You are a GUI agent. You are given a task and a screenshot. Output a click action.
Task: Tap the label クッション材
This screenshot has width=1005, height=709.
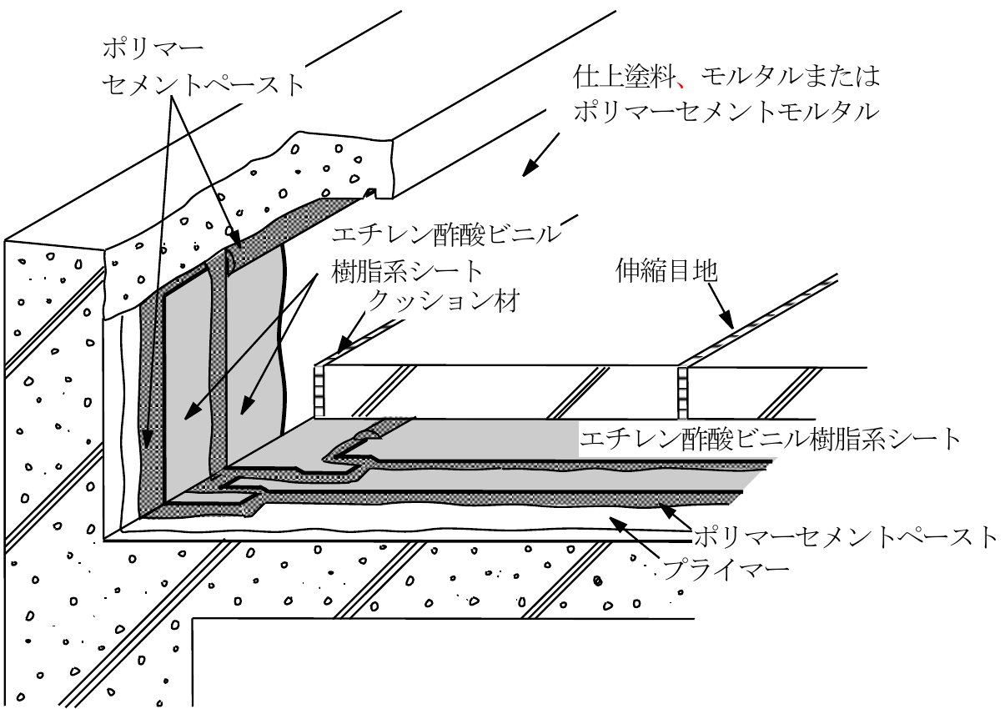(x=443, y=300)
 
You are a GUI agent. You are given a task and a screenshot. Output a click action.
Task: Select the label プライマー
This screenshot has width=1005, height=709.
(x=726, y=570)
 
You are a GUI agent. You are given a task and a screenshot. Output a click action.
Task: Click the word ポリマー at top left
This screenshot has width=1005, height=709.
(x=153, y=49)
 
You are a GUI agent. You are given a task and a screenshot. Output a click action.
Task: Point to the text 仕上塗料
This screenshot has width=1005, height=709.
(x=625, y=78)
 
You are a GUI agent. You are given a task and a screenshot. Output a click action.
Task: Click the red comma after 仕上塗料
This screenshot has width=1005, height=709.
(x=681, y=84)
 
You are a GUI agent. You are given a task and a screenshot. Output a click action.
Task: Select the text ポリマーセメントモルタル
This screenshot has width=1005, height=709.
(x=726, y=112)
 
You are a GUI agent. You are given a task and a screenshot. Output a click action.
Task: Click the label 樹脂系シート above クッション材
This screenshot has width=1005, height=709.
(x=406, y=271)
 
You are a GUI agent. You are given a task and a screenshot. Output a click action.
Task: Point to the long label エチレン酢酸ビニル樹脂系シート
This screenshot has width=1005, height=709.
(x=769, y=439)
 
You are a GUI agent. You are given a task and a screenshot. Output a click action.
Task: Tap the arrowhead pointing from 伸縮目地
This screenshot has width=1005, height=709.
(x=728, y=321)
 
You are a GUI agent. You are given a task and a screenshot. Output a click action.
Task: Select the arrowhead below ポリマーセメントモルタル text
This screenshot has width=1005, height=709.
(x=530, y=168)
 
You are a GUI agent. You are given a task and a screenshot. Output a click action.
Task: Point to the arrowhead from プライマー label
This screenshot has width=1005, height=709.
(x=616, y=524)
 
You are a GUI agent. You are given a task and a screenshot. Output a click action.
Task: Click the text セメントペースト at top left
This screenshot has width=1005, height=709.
(x=204, y=84)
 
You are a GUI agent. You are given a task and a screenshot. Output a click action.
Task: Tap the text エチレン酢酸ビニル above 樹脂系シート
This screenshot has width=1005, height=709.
(x=445, y=234)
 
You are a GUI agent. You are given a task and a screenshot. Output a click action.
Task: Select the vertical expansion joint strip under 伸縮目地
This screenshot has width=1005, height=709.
(x=682, y=393)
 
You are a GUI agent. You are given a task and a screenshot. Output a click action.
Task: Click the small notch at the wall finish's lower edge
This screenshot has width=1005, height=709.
(x=370, y=194)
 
